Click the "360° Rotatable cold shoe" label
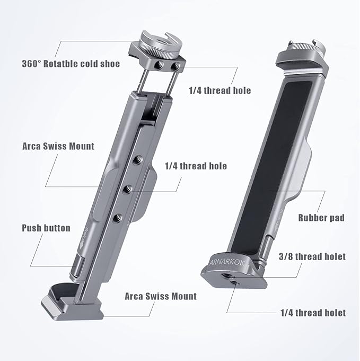pos(71,64)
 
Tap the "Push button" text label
pos(46,228)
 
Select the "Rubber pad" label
pos(321,218)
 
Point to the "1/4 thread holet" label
pos(313,313)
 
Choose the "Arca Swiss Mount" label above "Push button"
pos(58,146)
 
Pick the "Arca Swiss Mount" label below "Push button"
pos(160,296)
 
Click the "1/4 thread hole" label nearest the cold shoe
pos(219,90)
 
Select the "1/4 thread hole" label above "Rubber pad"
pos(195,166)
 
